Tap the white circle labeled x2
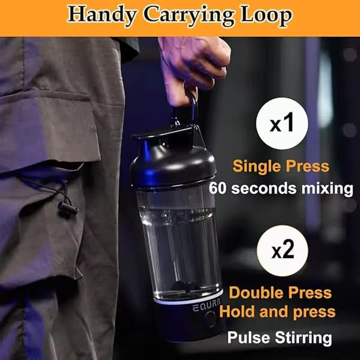(x=282, y=251)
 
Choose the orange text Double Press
(x=280, y=293)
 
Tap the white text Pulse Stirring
(x=280, y=337)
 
